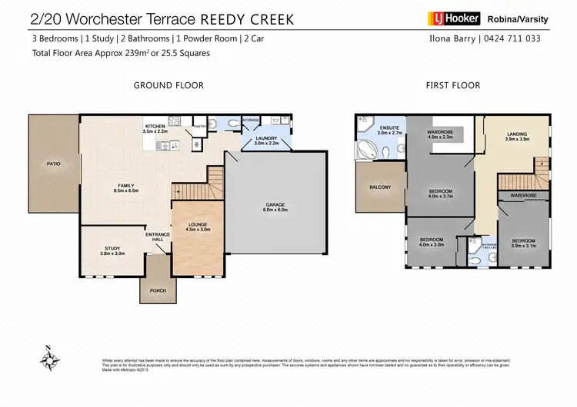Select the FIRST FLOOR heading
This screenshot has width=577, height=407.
point(453,85)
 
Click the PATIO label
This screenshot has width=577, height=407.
point(52,164)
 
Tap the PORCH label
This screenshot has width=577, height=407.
point(156,290)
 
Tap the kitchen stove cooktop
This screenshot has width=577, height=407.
point(174,121)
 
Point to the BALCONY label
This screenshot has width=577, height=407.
point(380,187)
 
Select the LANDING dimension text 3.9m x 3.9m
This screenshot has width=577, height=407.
point(518,139)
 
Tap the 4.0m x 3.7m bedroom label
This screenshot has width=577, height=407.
point(441,194)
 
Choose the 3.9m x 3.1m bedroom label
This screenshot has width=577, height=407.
point(523,243)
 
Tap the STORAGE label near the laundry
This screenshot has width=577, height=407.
point(250,120)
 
